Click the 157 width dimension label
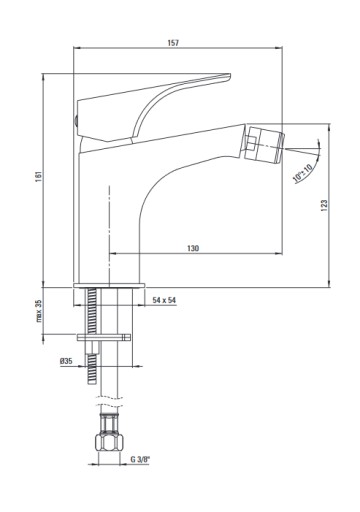pyautogui.click(x=173, y=43)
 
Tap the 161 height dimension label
pyautogui.click(x=38, y=176)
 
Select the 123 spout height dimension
pyautogui.click(x=324, y=206)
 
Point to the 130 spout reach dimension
pyautogui.click(x=193, y=248)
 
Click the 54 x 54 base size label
pyautogui.click(x=164, y=300)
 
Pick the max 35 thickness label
pyautogui.click(x=39, y=311)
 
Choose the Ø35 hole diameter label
pyautogui.click(x=66, y=361)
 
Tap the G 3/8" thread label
pyautogui.click(x=140, y=459)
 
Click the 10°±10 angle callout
pyautogui.click(x=303, y=173)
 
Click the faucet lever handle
pyautogui.click(x=153, y=107)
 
